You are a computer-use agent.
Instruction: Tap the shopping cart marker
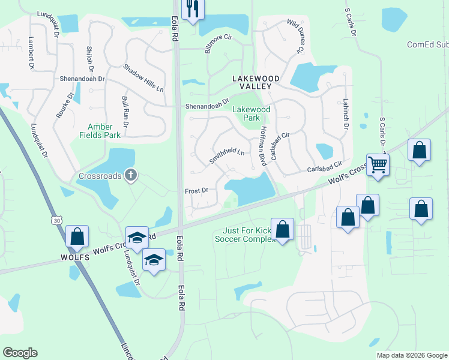(378, 164)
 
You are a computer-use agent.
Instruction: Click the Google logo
(20, 353)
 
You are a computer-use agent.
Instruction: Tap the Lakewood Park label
(252, 114)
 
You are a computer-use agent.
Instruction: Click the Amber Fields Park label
(104, 131)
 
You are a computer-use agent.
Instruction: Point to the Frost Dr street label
(196, 190)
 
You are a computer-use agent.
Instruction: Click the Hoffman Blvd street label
(263, 146)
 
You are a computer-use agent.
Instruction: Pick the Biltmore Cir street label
(218, 44)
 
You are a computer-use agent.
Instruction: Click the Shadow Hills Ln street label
(143, 77)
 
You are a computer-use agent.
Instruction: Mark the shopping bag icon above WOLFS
(77, 236)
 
